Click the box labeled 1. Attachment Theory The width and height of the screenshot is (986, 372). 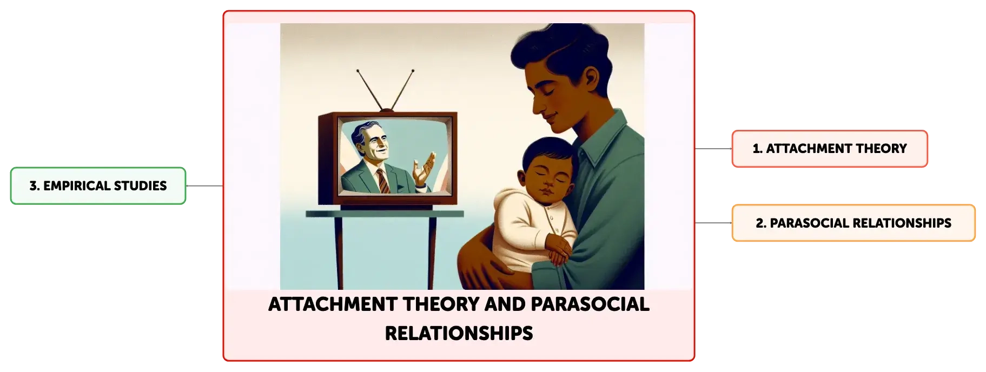(x=830, y=149)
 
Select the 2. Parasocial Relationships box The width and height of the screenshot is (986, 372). (x=853, y=223)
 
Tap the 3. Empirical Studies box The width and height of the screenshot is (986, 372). (x=98, y=186)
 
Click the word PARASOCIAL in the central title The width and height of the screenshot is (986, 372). (x=590, y=304)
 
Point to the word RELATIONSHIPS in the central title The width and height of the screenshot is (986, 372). (x=459, y=333)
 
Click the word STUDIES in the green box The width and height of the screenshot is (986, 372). (x=140, y=186)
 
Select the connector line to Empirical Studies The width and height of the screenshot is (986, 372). (x=204, y=186)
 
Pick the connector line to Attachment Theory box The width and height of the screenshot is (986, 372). (x=713, y=149)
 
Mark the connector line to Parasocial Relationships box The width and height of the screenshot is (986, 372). (x=713, y=223)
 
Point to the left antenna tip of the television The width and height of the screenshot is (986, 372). (x=358, y=70)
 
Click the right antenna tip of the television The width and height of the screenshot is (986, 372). (x=413, y=70)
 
